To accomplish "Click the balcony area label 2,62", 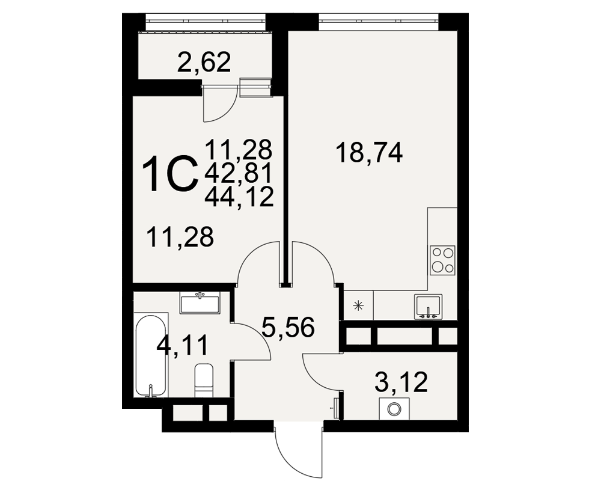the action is pos(204,63).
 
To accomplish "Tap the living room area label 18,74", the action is pos(369,153).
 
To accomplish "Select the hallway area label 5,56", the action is pos(288,328).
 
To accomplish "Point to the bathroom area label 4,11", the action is pos(182,346).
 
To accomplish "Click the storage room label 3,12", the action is pos(401,382).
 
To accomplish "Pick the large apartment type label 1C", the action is pos(170,173).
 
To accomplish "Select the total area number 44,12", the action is pos(239,198).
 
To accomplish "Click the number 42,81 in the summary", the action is pos(238,173).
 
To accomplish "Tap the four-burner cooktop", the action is pos(443,260).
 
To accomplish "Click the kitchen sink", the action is pos(428,307).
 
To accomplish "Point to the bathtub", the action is pos(151,355).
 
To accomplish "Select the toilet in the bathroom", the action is pos(204,381).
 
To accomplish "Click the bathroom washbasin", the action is pos(200,303).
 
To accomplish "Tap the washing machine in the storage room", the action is pos(394,409).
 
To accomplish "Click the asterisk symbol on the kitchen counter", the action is pos(358,305).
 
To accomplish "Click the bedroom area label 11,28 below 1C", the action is pos(180,237).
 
